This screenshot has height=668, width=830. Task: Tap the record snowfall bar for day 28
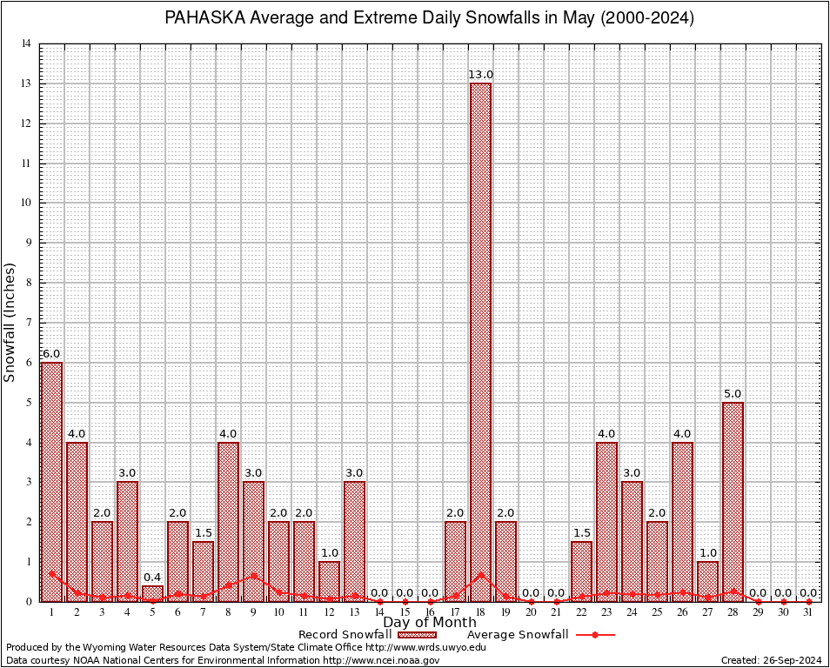[x=733, y=501]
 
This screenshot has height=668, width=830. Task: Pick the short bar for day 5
[x=152, y=593]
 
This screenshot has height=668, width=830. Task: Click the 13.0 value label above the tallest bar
[x=480, y=75]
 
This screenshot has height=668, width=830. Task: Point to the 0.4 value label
[x=152, y=578]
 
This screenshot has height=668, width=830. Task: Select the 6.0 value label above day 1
[x=51, y=354]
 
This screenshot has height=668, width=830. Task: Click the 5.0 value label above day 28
[x=733, y=394]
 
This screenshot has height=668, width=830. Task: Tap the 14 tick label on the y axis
[x=27, y=44]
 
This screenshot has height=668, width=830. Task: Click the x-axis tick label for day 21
[x=556, y=612]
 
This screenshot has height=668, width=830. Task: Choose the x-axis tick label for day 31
[x=808, y=612]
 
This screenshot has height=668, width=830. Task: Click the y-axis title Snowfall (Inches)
[x=10, y=322]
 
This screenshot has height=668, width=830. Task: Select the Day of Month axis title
[x=430, y=622]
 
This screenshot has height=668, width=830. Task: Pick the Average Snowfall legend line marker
[x=594, y=635]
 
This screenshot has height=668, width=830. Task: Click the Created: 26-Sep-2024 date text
[x=772, y=660]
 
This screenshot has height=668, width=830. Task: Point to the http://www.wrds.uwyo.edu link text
[x=426, y=647]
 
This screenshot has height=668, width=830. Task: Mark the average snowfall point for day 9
[x=253, y=574]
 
